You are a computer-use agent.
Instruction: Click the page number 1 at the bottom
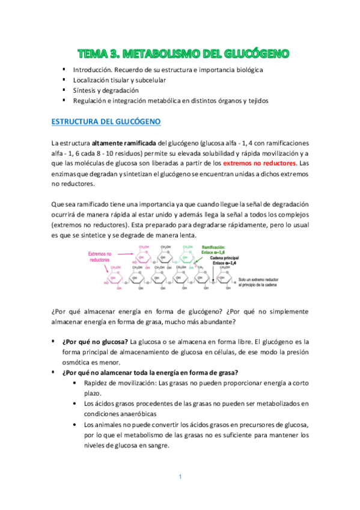click(x=180, y=477)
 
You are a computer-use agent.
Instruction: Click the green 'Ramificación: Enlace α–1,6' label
click(x=218, y=250)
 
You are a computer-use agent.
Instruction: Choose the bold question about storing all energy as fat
click(x=150, y=372)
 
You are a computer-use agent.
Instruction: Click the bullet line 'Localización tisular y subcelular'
click(x=119, y=79)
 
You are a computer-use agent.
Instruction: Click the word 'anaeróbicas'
click(x=146, y=414)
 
